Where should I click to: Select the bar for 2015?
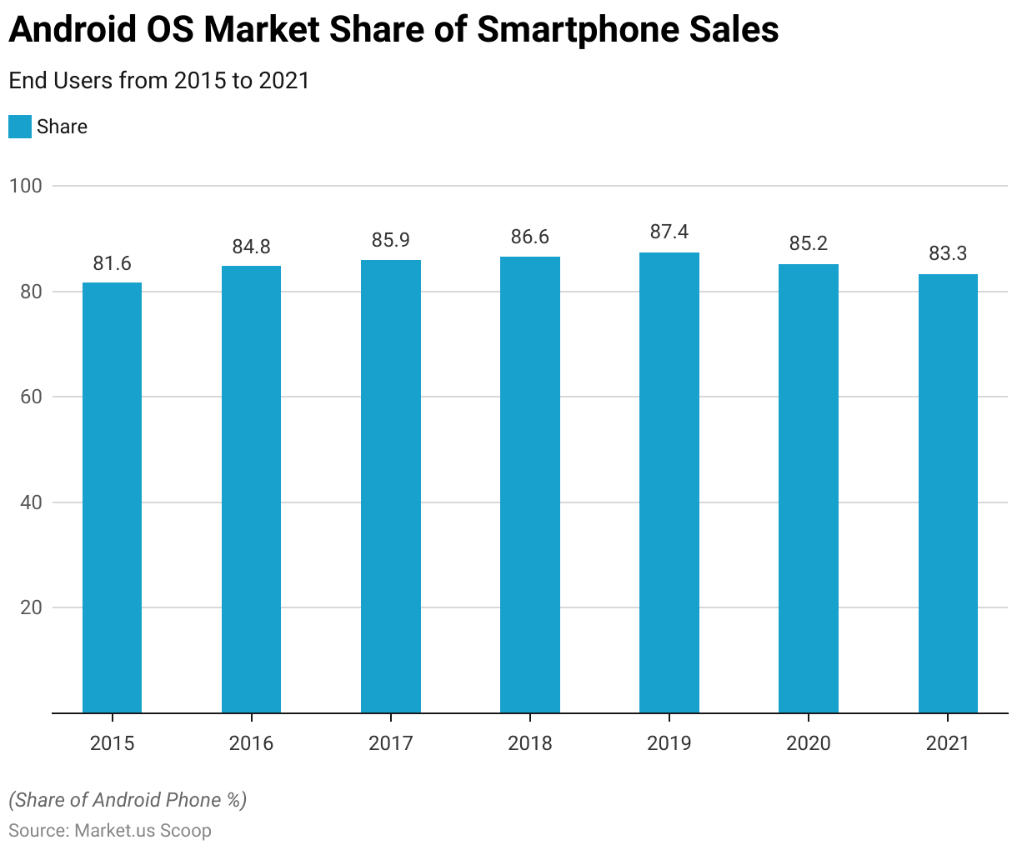point(112,497)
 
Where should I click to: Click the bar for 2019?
point(669,482)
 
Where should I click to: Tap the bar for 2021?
point(948,493)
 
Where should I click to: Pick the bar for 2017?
point(391,487)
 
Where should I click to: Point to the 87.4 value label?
point(669,232)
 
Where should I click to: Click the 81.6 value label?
point(112,263)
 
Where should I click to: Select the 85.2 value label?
point(809,243)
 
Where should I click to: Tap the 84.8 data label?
point(251,247)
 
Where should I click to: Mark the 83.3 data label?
point(948,253)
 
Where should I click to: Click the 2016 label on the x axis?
point(251,742)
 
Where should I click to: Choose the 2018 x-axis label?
point(530,742)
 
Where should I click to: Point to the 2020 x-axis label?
point(809,742)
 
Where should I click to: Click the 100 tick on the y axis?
point(26,186)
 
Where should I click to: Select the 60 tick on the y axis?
point(31,397)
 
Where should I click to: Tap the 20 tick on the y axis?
point(31,607)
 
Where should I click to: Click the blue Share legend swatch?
point(20,127)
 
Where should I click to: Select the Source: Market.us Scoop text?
point(110,830)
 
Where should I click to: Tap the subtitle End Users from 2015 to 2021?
point(159,81)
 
